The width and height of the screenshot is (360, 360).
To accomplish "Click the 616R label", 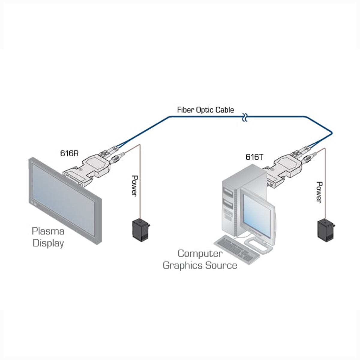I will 69,153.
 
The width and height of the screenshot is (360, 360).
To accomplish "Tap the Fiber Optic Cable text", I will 205,110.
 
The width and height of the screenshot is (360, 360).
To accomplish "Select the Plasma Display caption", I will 48,237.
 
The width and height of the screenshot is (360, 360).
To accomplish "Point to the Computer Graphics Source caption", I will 200,259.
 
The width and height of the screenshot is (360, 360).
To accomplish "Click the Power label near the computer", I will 320,192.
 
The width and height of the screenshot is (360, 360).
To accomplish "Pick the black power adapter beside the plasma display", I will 140,229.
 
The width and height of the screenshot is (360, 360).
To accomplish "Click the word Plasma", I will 48,231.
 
